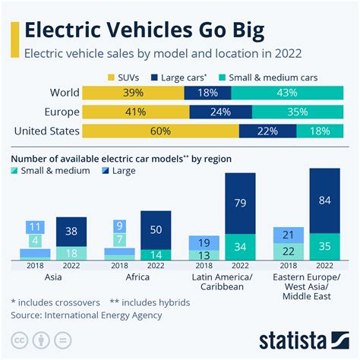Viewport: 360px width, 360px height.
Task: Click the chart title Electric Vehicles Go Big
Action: pos(144,31)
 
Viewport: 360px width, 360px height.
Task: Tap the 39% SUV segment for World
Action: pos(132,93)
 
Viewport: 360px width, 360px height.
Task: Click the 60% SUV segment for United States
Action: pos(159,131)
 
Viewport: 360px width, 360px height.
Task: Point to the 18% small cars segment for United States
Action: pos(318,131)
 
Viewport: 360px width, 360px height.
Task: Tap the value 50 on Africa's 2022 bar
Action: pos(156,229)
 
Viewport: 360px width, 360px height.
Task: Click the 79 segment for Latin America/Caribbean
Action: pos(240,203)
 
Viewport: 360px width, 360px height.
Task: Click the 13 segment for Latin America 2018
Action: pos(204,255)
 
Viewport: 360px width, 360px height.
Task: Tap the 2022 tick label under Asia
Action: pos(72,267)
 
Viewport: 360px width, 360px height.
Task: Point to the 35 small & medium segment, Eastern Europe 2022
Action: pos(324,247)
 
